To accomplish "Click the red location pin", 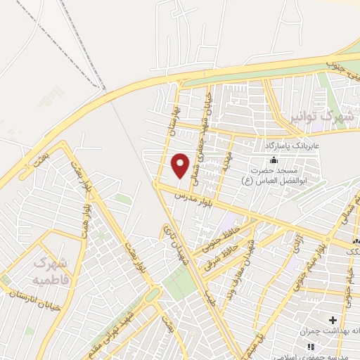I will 181,165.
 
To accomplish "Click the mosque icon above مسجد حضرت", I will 274,160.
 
